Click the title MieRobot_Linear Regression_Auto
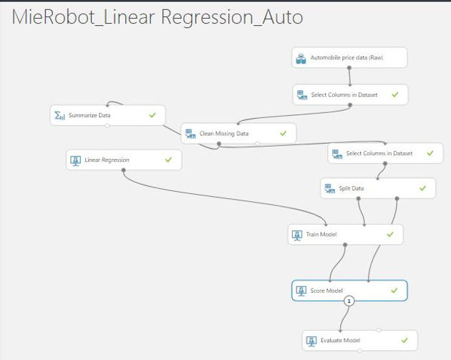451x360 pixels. (x=157, y=17)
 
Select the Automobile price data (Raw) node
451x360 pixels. (x=349, y=57)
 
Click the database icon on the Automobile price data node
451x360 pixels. (x=301, y=59)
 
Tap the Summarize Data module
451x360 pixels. (x=108, y=115)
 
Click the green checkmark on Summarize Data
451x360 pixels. (x=152, y=115)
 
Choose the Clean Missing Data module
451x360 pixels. (x=238, y=133)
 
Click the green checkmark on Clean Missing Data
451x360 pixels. (x=283, y=133)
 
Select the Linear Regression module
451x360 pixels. (x=124, y=160)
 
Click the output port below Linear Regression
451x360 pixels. (x=123, y=170)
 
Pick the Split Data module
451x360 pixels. (x=378, y=188)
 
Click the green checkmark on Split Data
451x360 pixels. (x=423, y=188)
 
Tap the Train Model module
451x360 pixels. (x=346, y=235)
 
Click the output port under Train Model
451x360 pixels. (x=345, y=245)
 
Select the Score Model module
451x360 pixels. (x=349, y=291)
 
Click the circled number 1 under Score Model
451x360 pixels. (x=349, y=301)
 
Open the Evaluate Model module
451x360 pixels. (x=360, y=341)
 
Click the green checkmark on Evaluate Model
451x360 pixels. (x=404, y=341)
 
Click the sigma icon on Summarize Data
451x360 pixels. (x=59, y=115)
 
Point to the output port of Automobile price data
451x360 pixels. (x=349, y=68)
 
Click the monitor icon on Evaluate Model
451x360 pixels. (x=311, y=341)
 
